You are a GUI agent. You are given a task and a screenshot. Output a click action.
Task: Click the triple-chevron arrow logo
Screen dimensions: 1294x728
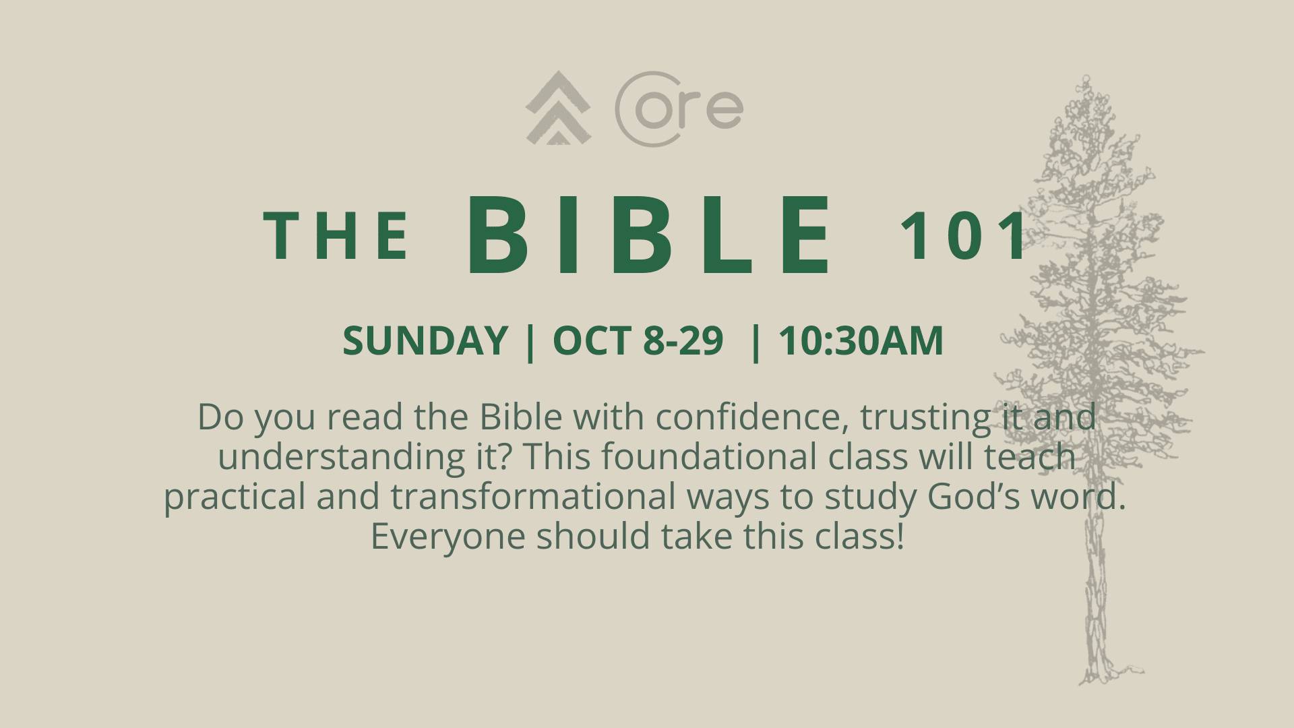[x=558, y=108]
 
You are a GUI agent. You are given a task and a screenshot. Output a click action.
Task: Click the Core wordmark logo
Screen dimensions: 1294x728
[x=679, y=109]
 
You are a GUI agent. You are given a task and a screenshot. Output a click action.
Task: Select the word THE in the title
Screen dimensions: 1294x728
[x=336, y=235]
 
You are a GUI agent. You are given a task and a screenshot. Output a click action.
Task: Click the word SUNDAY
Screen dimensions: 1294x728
[x=425, y=340]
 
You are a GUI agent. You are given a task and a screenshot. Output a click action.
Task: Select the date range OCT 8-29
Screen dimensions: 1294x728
[x=638, y=340]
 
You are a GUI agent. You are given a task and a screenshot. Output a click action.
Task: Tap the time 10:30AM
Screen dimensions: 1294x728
[x=861, y=340]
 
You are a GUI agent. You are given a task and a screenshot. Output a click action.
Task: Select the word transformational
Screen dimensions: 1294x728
[x=533, y=496]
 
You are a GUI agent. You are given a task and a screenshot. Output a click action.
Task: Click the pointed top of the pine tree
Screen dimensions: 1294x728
[x=1085, y=77]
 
